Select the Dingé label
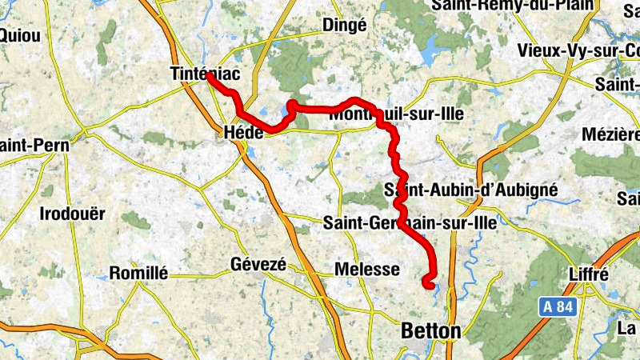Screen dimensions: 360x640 [344, 26]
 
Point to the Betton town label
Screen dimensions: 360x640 [431, 330]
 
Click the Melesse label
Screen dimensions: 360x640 [367, 270]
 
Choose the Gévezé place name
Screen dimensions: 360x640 [258, 264]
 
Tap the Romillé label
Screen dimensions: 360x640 [138, 273]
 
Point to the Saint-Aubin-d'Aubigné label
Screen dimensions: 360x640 [471, 190]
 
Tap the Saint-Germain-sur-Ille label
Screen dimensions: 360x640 [410, 224]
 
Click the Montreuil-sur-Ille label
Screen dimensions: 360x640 [396, 114]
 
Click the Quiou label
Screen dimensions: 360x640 [14, 35]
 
